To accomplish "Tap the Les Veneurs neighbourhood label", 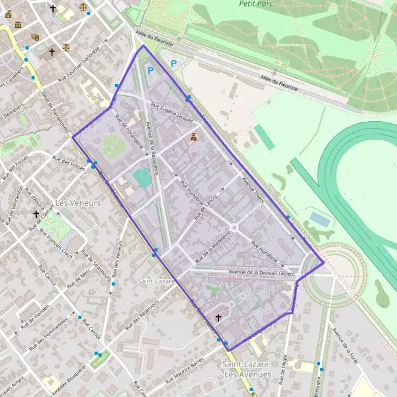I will (x=78, y=203).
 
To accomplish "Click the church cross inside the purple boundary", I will (x=218, y=318).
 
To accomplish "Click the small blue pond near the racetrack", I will (x=318, y=218).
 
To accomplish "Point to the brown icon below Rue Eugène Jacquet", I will (x=193, y=137).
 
